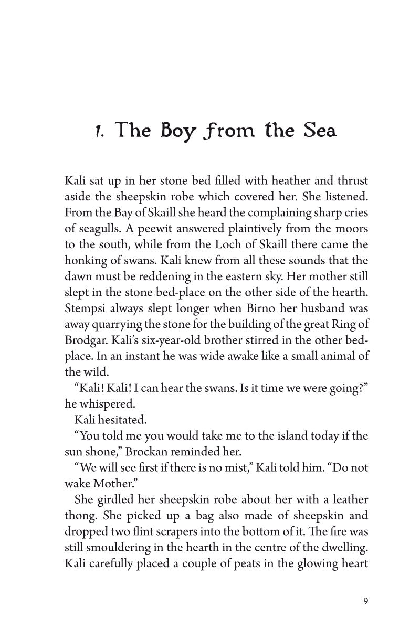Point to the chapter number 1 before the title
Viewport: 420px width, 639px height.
(x=97, y=131)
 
